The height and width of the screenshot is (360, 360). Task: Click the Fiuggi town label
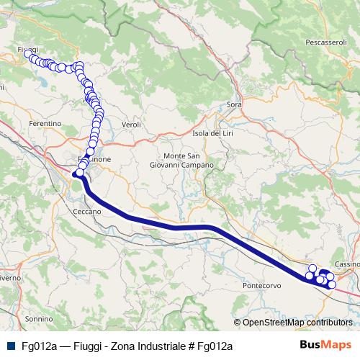click(27, 49)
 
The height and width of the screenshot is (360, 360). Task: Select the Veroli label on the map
click(131, 125)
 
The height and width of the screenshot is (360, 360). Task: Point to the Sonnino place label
click(38, 318)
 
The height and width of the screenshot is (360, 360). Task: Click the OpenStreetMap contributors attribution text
click(297, 323)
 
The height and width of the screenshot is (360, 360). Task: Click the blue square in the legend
click(9, 346)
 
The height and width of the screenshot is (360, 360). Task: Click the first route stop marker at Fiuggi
click(28, 54)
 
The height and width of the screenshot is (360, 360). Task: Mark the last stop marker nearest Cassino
click(332, 284)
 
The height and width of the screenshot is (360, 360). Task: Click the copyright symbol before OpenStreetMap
click(238, 323)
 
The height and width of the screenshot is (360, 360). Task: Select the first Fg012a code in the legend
click(39, 346)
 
